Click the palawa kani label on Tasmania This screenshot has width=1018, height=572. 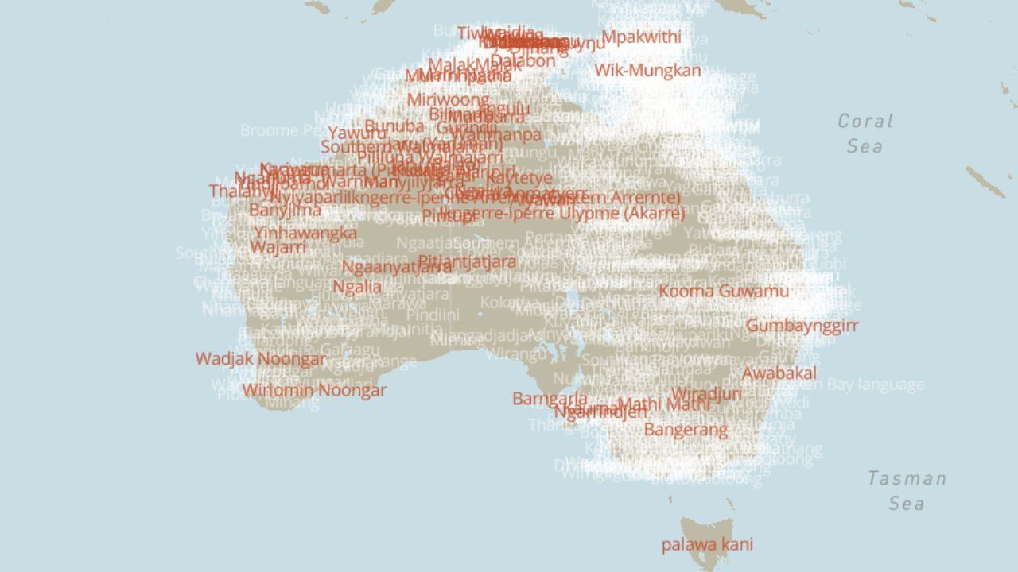coord(707,545)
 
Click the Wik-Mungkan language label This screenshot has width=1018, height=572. coord(648,70)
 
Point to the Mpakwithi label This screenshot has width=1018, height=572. coord(641,37)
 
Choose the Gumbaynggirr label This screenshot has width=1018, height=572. coord(802,325)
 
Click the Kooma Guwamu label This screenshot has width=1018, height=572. coord(724,291)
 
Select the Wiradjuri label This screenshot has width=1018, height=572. coord(706,393)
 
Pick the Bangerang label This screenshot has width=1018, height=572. coord(686,430)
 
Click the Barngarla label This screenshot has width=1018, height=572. coord(550,399)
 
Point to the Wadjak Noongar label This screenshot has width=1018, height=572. coord(261,359)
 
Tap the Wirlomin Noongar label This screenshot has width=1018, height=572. coord(314,390)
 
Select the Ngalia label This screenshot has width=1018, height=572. coord(357,287)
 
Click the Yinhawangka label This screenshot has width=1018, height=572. coord(305,233)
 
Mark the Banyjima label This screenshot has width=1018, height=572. coord(285,211)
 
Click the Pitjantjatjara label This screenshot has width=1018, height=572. coord(467,261)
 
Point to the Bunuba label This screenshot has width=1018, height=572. coord(394,126)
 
